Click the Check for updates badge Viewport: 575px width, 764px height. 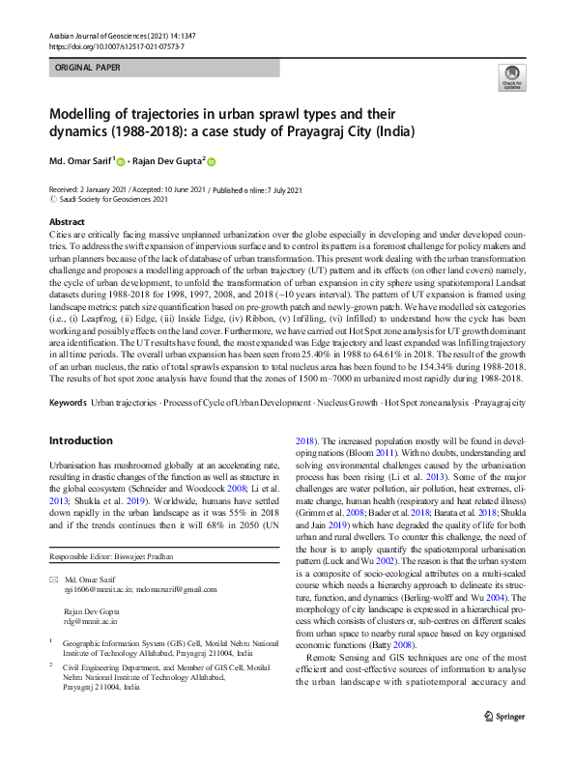click(510, 77)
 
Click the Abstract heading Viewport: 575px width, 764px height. click(67, 222)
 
